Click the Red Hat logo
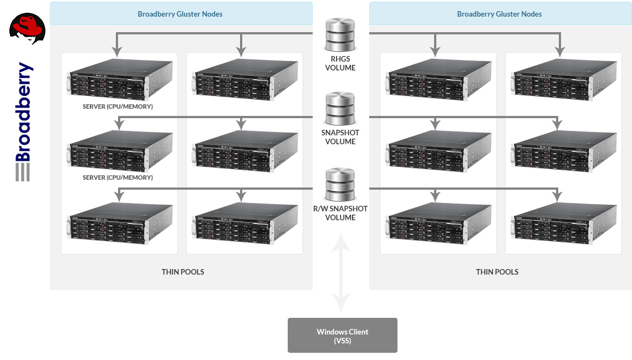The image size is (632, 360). tap(27, 29)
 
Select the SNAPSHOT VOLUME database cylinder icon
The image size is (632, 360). tap(340, 109)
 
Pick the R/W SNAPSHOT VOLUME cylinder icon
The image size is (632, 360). tap(340, 185)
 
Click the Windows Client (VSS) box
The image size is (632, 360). tap(342, 335)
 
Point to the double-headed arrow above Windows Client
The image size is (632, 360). tap(341, 272)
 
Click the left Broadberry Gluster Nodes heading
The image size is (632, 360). tap(180, 14)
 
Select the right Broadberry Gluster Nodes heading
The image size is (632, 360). tap(500, 14)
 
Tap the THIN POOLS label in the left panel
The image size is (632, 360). tap(183, 272)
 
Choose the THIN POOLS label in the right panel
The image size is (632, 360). tap(497, 272)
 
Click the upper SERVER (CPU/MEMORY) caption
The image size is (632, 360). tap(118, 107)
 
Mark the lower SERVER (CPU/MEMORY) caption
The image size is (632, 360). tap(118, 178)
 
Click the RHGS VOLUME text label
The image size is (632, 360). tap(340, 64)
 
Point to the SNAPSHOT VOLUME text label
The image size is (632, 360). tap(340, 137)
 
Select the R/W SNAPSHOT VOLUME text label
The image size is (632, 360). tap(340, 213)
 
